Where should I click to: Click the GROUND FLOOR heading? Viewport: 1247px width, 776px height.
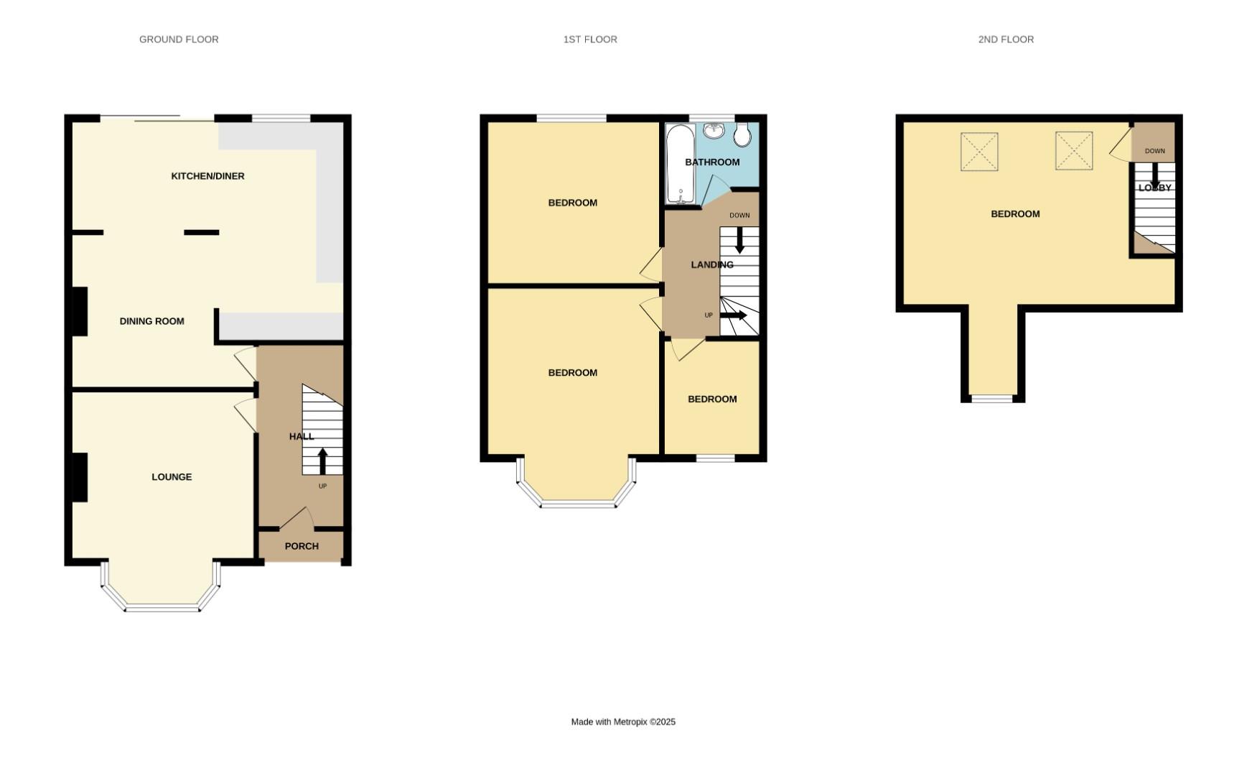(179, 40)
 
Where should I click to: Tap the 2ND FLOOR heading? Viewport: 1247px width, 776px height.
(1006, 40)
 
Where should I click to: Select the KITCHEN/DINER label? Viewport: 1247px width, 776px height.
(207, 176)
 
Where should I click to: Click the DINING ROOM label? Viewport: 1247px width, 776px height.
(151, 321)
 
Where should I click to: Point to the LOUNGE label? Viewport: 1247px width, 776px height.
(172, 477)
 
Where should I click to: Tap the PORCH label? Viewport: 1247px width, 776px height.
(302, 546)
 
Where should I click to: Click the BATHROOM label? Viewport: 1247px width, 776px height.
(712, 162)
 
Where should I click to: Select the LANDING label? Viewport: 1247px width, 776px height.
(712, 265)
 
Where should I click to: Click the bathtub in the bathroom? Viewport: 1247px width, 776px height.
(679, 164)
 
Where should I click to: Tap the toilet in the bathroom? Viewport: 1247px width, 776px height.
(742, 134)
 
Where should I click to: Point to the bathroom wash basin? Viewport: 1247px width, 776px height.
(714, 131)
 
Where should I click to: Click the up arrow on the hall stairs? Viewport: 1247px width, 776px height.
(322, 461)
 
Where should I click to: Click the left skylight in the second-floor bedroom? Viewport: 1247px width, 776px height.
(979, 152)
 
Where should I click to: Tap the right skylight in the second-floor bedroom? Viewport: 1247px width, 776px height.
(1074, 151)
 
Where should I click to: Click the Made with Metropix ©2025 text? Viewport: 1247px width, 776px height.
(623, 722)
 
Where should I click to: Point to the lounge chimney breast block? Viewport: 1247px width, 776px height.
(80, 477)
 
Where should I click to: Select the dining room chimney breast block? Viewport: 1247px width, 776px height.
(80, 311)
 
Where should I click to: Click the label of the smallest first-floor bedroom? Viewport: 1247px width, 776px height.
(712, 399)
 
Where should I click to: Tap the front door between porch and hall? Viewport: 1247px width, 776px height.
(296, 519)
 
